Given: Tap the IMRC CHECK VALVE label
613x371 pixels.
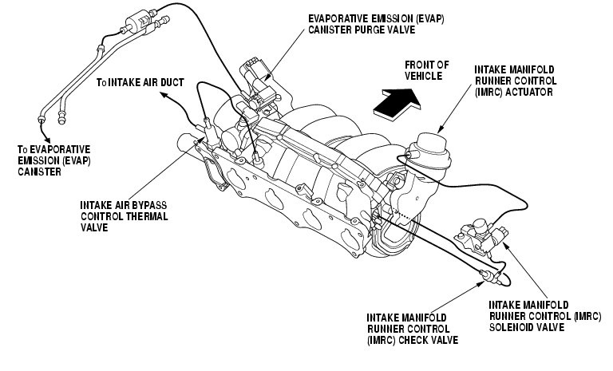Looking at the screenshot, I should click(x=410, y=327).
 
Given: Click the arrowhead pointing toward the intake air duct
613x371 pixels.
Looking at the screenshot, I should click(x=164, y=97).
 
